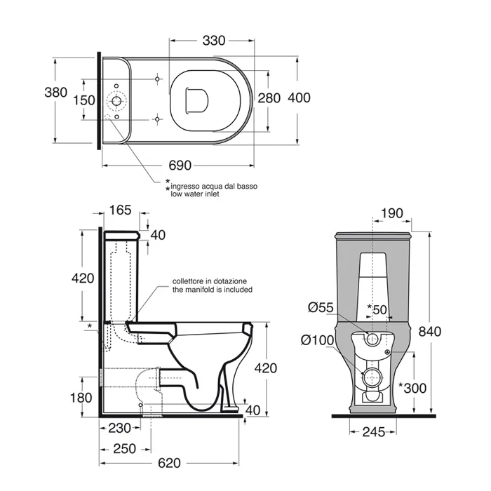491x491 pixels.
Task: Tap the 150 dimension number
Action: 84,100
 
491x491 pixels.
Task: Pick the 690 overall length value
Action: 180,166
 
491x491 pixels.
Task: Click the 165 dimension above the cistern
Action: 121,209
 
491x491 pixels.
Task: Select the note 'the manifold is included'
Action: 213,289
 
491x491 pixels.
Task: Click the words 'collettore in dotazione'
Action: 210,281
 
